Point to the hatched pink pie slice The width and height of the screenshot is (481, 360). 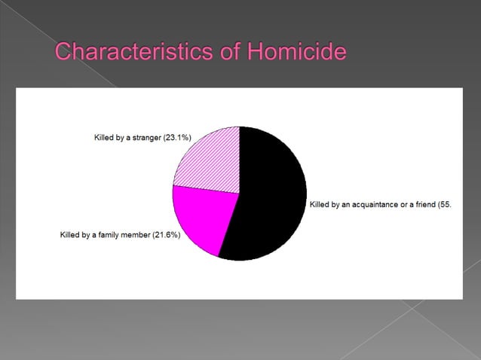click(211, 158)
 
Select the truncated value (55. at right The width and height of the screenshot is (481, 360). click(444, 204)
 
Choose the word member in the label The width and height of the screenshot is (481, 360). click(146, 236)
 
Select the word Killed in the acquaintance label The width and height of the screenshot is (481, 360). click(320, 204)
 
